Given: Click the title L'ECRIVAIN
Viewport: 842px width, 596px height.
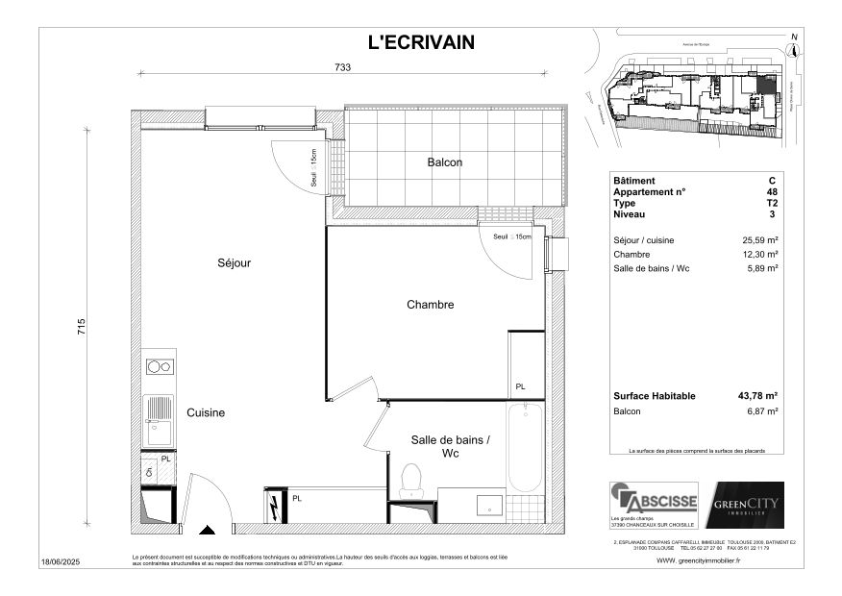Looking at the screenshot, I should pos(421,41).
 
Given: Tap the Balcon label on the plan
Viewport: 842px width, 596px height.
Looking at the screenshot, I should pos(444,162).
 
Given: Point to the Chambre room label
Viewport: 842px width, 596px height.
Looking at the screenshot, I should pos(430,305).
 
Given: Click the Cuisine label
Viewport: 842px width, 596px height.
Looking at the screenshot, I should pos(206,412).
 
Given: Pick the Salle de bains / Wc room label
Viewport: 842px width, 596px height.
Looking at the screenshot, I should pos(450,446).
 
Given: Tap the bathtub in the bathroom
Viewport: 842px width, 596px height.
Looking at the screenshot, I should pos(524,450).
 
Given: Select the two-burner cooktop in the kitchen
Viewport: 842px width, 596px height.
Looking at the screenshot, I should pos(159,366).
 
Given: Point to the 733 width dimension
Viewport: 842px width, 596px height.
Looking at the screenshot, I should pos(343,67).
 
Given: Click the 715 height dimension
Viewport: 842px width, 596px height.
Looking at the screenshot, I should pos(83,328).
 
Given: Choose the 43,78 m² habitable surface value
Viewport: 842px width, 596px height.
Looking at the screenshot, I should pos(757,395).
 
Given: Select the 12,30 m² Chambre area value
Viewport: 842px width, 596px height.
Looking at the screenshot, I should pos(758,255).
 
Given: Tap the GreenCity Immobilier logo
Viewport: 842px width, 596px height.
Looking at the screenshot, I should pos(746,505).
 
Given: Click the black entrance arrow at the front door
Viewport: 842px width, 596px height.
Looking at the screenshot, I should pos(207,528).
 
